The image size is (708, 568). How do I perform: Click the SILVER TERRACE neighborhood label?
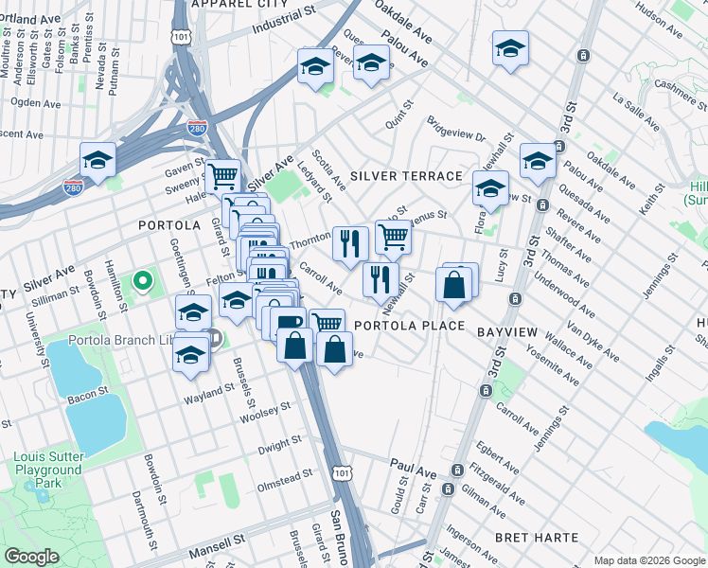[406, 177]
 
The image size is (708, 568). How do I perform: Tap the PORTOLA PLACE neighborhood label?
[409, 326]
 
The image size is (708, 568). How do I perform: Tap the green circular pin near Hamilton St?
[142, 280]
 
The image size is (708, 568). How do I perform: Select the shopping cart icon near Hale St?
[222, 175]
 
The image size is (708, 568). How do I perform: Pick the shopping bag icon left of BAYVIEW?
[454, 285]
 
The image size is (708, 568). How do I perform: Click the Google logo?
[32, 557]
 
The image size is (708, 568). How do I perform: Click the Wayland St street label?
[209, 390]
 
